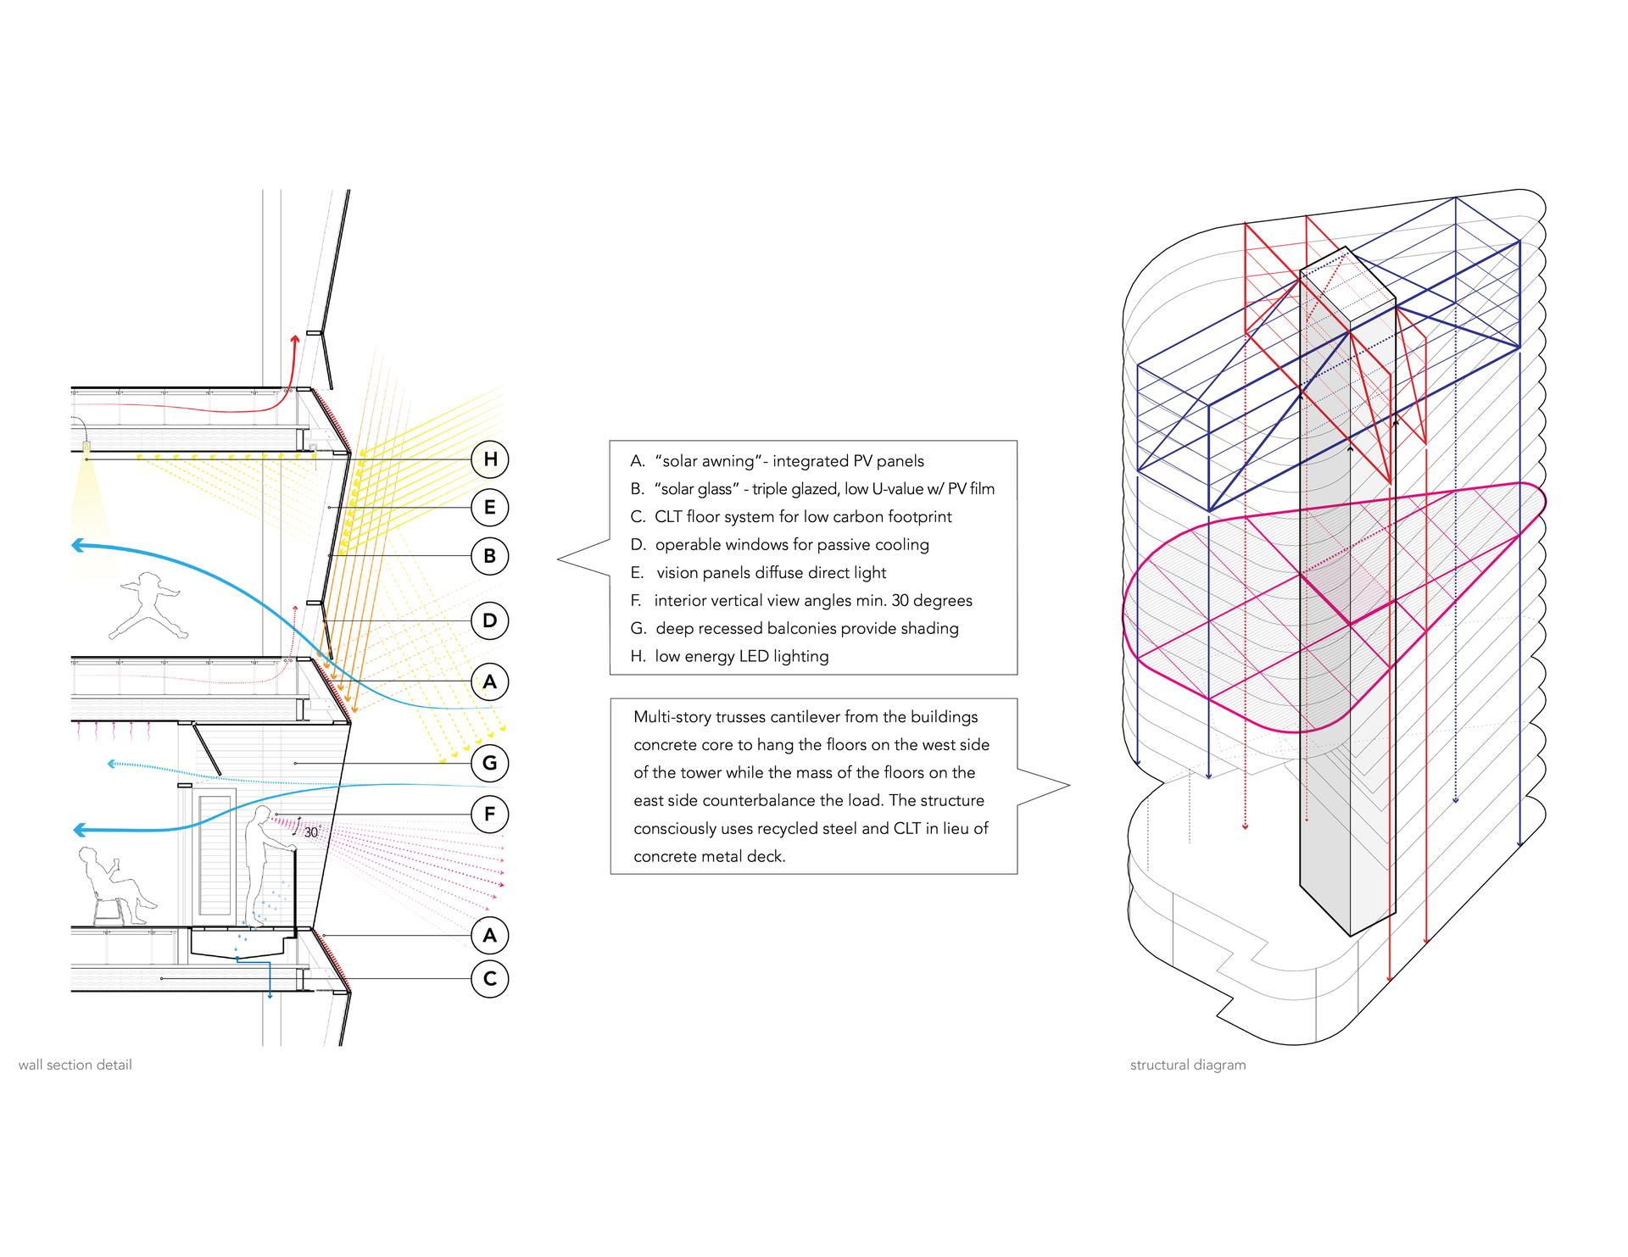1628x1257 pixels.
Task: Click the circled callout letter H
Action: tap(489, 459)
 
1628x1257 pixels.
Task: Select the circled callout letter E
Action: tap(489, 508)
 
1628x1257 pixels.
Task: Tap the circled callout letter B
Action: tap(489, 556)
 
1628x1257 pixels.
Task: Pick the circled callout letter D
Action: tap(489, 620)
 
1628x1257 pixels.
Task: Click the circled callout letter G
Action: tap(489, 763)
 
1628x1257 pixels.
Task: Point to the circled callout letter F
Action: tap(489, 815)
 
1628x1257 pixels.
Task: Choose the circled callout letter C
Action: tap(489, 979)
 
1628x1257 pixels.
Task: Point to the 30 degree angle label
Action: tap(311, 832)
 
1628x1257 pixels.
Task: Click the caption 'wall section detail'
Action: tap(75, 1065)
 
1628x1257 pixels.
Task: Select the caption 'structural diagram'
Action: tap(1188, 1065)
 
